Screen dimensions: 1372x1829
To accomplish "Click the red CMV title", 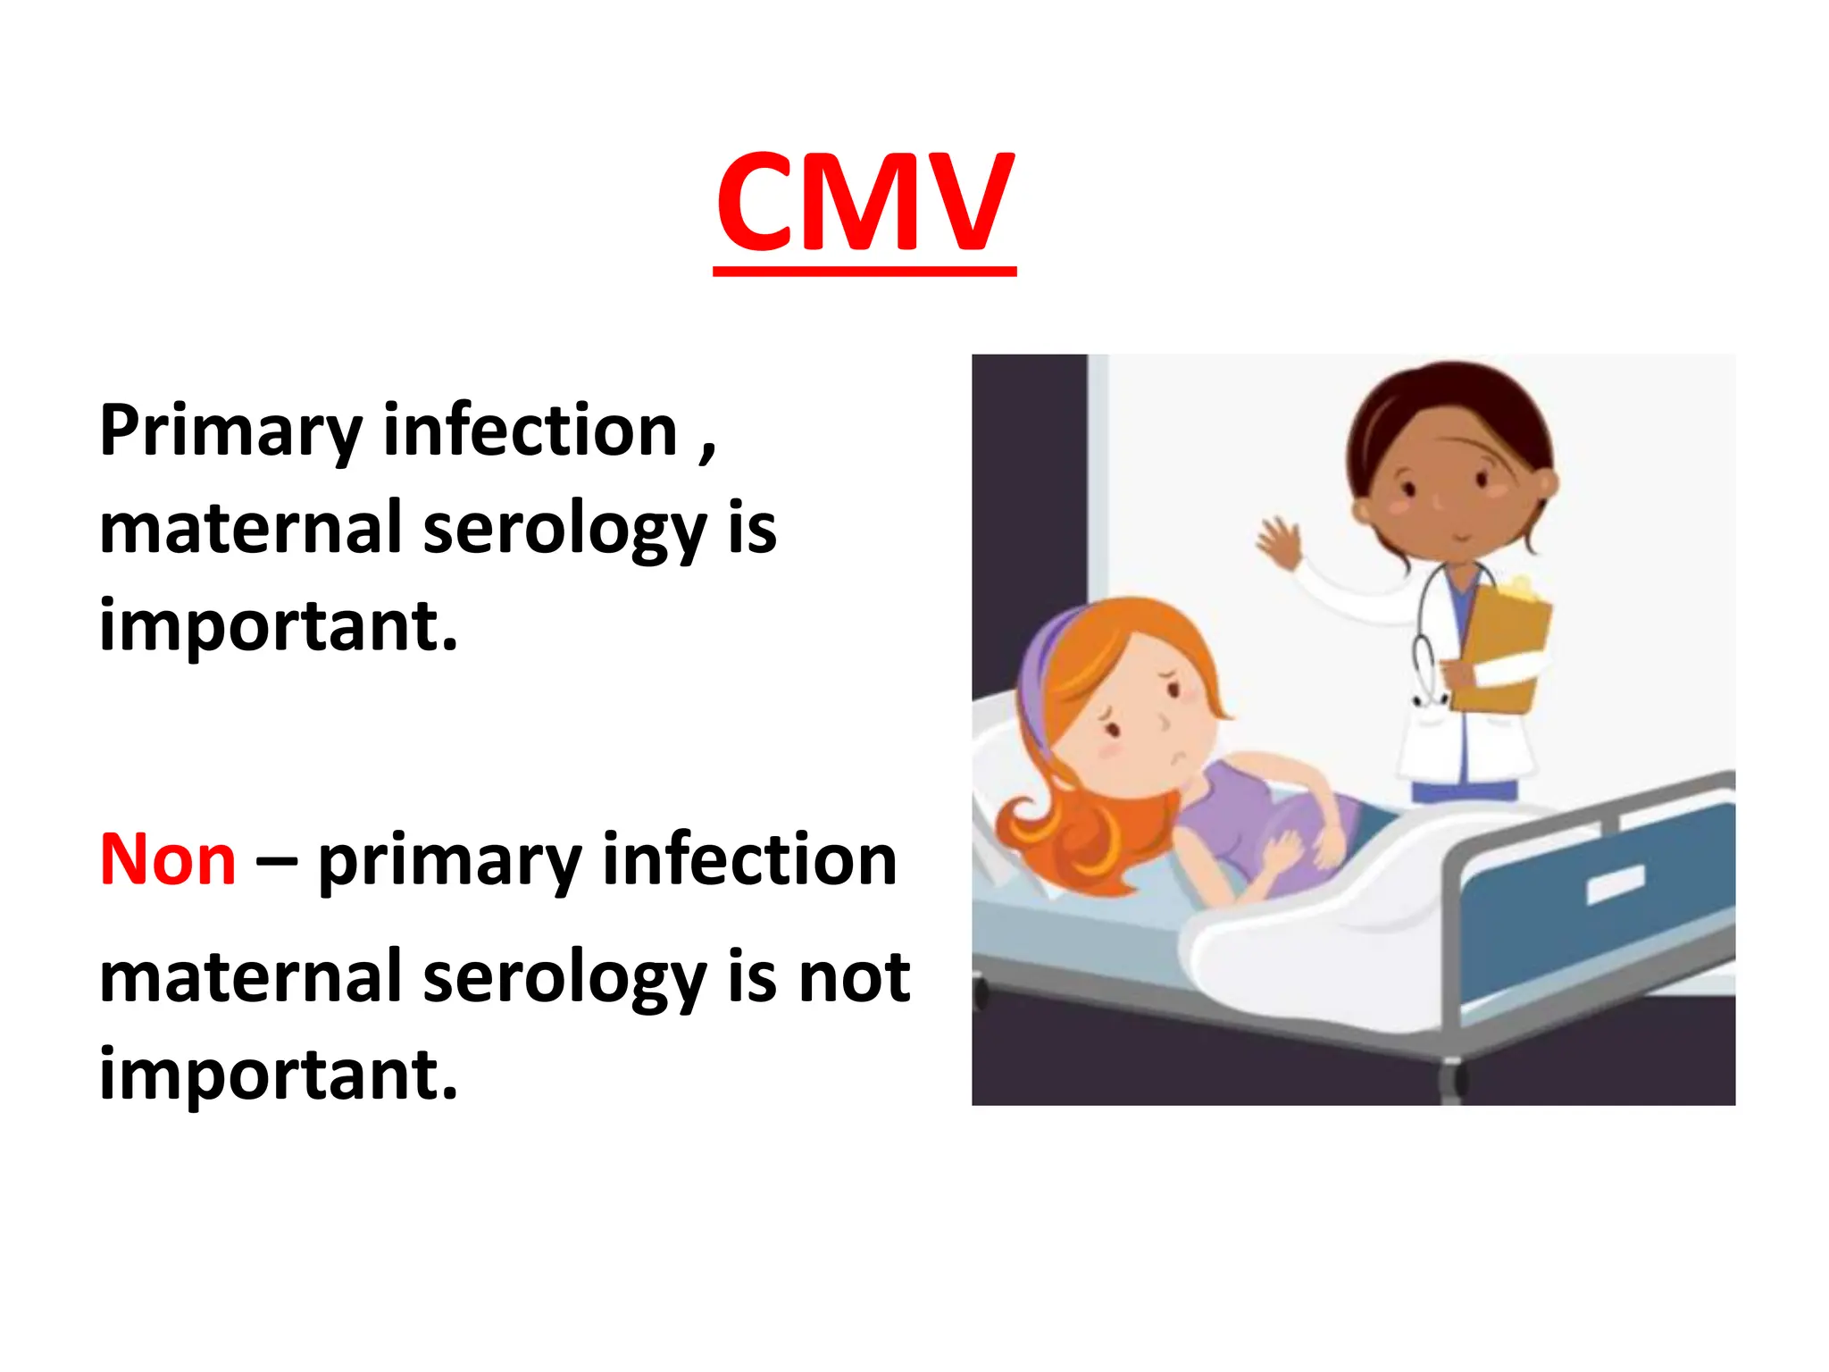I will [864, 204].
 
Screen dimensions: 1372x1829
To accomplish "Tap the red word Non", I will [168, 860].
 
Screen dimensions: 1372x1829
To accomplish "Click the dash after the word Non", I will [276, 863].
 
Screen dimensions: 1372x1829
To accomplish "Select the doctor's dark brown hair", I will [1447, 402].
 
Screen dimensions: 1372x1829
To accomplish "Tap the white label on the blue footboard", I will [1615, 884].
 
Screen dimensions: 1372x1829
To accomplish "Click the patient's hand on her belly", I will [1286, 849].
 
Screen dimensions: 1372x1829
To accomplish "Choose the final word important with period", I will [279, 1075].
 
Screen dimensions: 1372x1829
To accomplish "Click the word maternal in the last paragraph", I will [250, 977].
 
